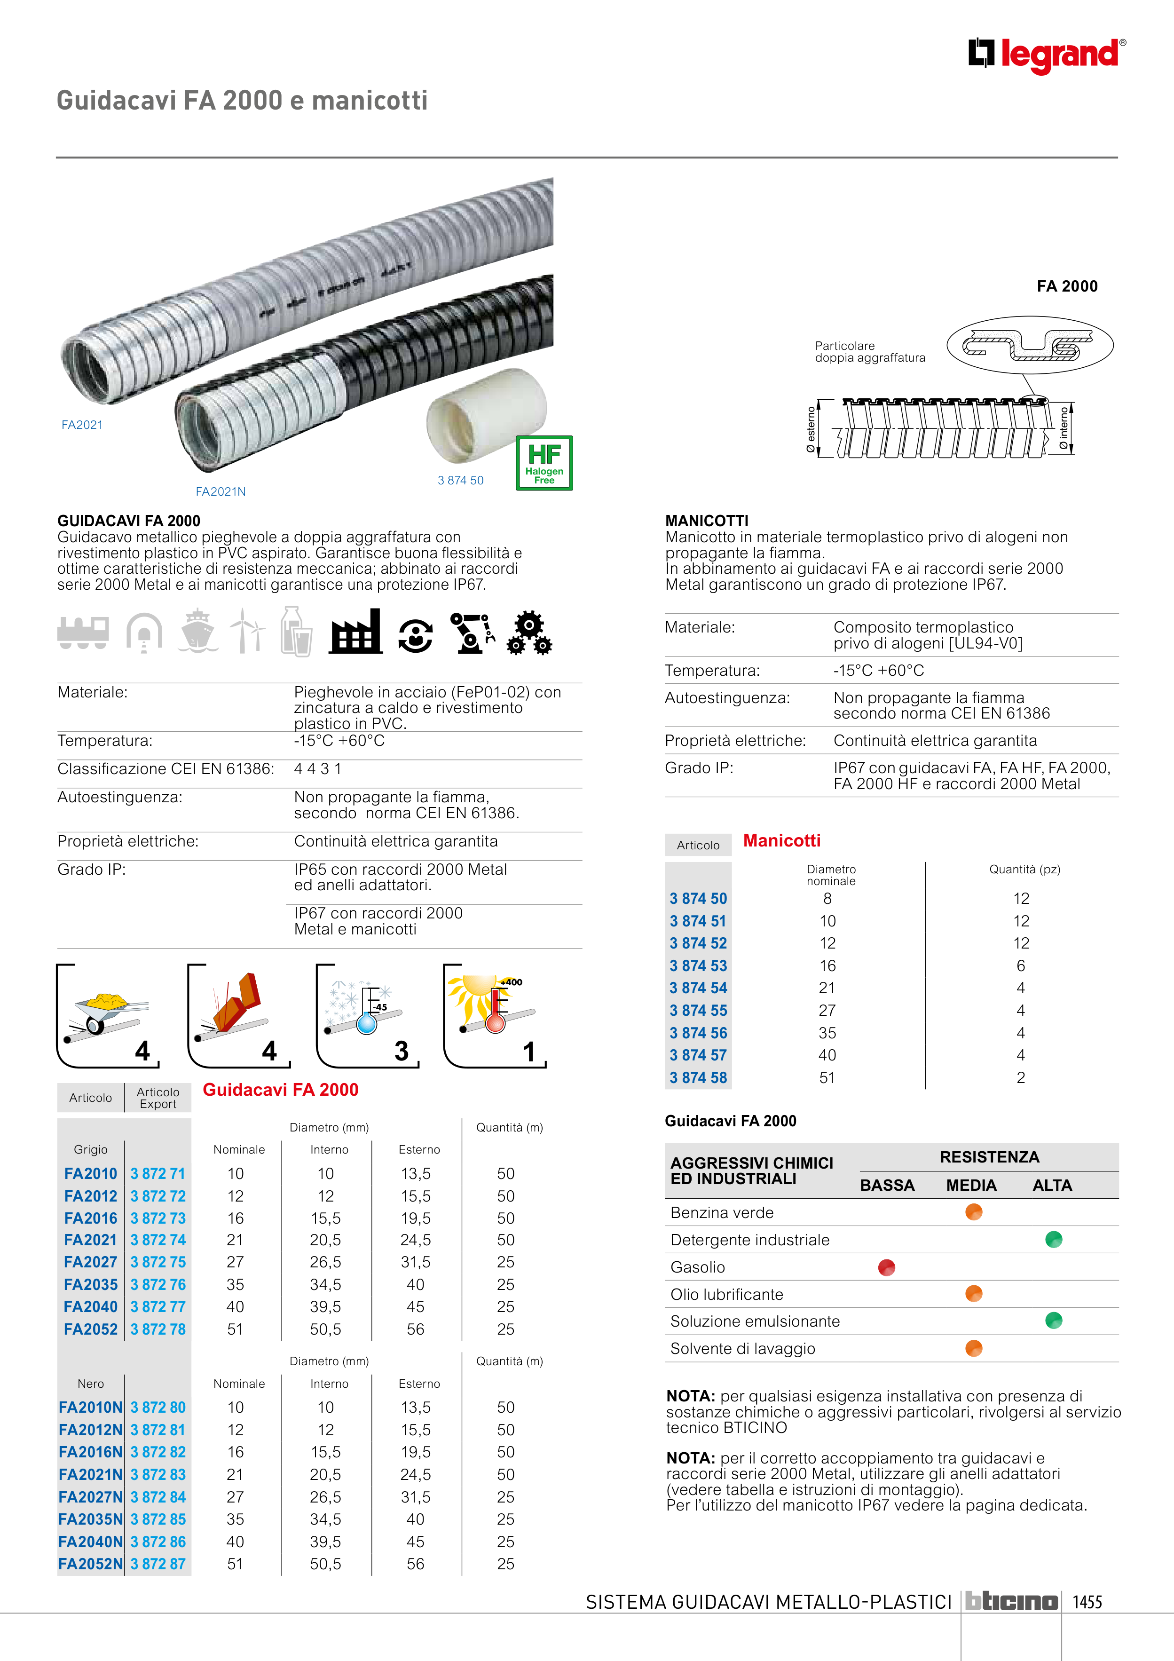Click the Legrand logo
1047,55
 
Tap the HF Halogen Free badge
544,463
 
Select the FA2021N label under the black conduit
221,492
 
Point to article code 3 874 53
698,966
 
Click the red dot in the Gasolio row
886,1267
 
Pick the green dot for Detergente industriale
1053,1240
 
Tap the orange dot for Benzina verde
974,1212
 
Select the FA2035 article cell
90,1285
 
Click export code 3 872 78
158,1329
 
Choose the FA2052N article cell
90,1564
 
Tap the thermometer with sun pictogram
494,1015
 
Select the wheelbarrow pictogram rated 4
108,1015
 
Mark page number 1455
1087,1602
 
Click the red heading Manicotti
781,841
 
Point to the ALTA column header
1052,1186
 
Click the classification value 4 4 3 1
317,769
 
